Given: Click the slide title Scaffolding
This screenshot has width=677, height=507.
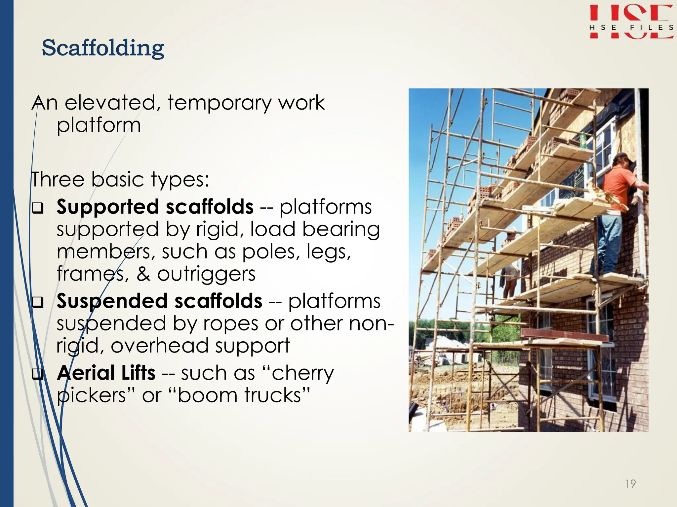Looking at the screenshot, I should (103, 48).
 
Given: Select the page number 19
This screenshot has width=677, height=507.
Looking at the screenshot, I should (630, 484).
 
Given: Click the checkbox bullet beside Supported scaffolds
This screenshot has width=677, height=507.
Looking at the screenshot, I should (38, 208).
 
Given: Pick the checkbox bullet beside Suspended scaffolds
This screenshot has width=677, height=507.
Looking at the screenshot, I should (38, 302).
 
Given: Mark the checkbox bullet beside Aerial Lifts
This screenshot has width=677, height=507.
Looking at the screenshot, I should (38, 374).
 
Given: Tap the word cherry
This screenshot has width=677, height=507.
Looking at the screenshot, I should (302, 374).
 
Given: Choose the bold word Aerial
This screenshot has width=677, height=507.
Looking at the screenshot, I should (86, 373).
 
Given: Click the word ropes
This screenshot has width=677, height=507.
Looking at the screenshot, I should (230, 323).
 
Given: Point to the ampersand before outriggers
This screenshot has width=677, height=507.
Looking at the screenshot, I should (143, 274).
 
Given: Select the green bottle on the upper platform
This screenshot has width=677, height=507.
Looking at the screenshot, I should (582, 141).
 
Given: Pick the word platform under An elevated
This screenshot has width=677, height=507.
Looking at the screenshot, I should (99, 126).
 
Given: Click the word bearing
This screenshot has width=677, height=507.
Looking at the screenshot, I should (341, 230).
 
